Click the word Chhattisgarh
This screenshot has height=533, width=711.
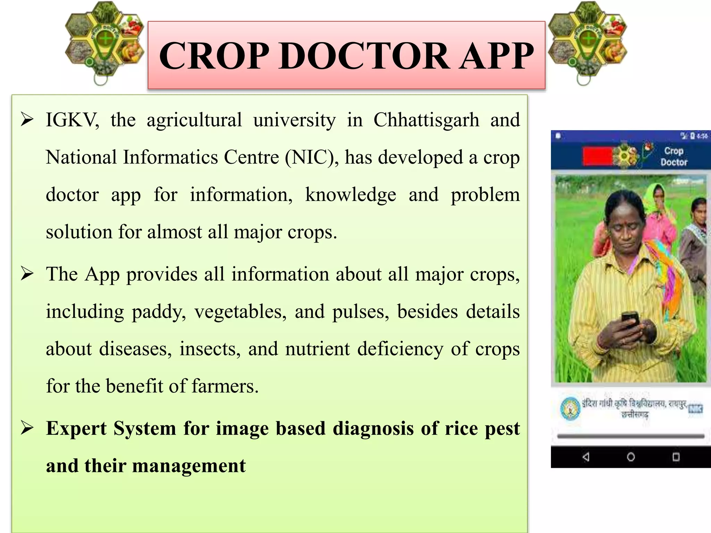[x=426, y=120]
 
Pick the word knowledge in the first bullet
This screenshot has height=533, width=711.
[x=350, y=195]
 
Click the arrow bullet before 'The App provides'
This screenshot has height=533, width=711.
[x=27, y=274]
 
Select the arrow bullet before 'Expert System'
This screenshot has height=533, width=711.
[x=27, y=429]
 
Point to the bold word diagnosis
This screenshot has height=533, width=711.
[x=373, y=429]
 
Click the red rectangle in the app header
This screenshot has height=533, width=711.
[x=597, y=156]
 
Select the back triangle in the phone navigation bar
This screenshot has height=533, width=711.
[x=586, y=457]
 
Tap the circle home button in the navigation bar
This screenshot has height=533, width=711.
[x=631, y=457]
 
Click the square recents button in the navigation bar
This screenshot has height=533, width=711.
[x=676, y=457]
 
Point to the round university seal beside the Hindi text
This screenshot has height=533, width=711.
[x=570, y=409]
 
